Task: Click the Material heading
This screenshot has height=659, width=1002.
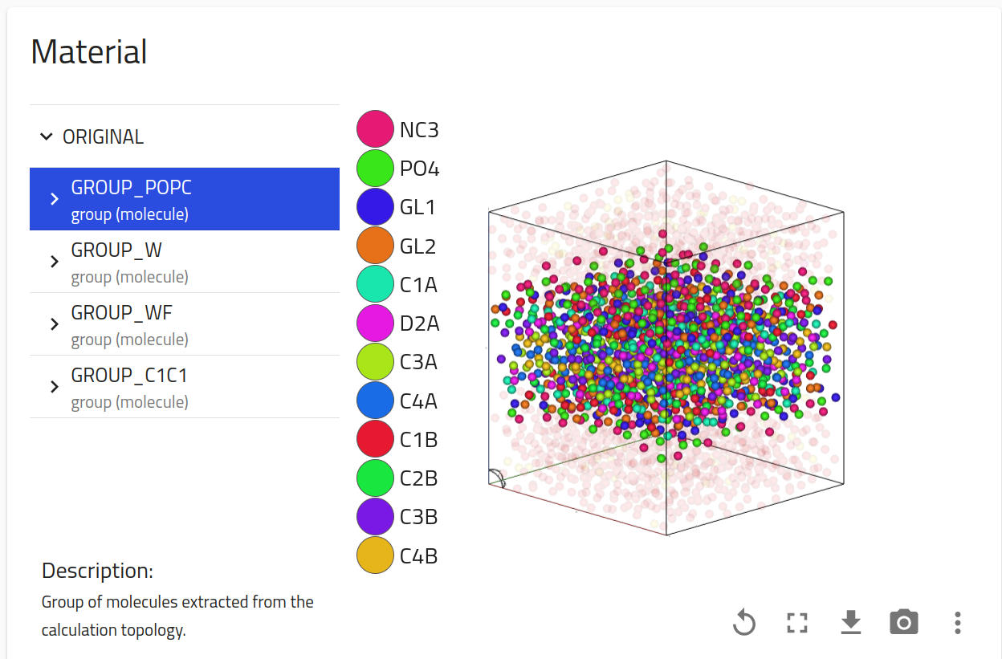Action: pos(89,52)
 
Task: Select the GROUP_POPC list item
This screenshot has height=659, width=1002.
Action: pos(184,199)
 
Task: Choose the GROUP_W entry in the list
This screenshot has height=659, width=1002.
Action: pos(184,262)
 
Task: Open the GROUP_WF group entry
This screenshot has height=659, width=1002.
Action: pos(184,324)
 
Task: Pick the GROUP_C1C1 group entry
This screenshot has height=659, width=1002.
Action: pos(184,387)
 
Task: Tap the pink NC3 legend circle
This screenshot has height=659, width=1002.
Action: pos(375,130)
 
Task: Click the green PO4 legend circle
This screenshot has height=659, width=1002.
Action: pos(375,169)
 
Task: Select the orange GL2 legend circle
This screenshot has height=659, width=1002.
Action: pos(375,246)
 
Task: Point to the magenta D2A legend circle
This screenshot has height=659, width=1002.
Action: pos(375,323)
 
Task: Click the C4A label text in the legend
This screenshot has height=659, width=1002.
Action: pos(418,401)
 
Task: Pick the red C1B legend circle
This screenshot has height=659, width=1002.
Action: pos(375,440)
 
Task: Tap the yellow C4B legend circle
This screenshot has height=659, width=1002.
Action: pos(375,555)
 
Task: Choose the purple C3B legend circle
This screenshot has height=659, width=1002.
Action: pos(375,517)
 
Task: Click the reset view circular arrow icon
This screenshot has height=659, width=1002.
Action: pos(744,622)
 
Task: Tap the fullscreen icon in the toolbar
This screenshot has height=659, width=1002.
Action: pos(796,622)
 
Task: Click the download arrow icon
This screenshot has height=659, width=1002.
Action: pos(850,622)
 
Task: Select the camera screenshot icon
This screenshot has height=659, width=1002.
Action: pos(904,622)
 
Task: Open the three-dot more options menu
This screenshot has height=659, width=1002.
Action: pos(957,622)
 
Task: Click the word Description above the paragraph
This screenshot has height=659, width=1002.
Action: pos(97,571)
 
